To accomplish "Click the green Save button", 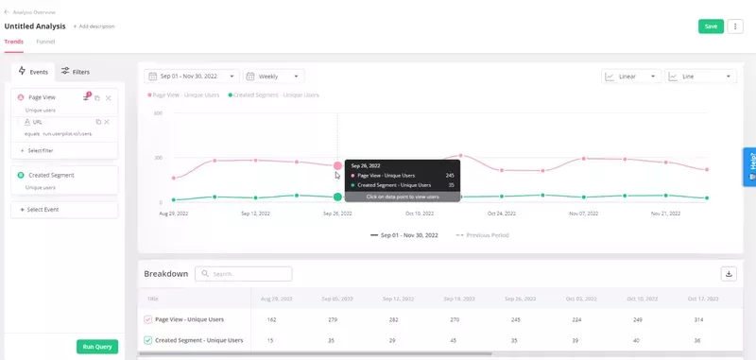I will click(x=711, y=26).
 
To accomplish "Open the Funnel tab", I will click(x=45, y=43).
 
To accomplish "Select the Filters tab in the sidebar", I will click(x=76, y=72).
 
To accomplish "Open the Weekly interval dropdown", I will click(x=273, y=77).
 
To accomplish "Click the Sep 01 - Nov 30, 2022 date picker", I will click(x=191, y=77).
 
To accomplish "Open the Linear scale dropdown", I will click(x=630, y=77).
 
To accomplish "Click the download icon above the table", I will click(x=729, y=274).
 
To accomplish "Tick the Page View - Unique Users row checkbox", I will click(x=147, y=319).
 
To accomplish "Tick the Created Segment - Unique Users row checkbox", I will click(x=147, y=340).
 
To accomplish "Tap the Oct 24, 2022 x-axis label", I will click(x=501, y=214).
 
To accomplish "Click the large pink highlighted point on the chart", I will click(x=337, y=165).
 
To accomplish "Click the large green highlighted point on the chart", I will click(x=337, y=197).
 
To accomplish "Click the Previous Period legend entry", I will click(x=483, y=234).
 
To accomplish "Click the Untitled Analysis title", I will click(x=35, y=26).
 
